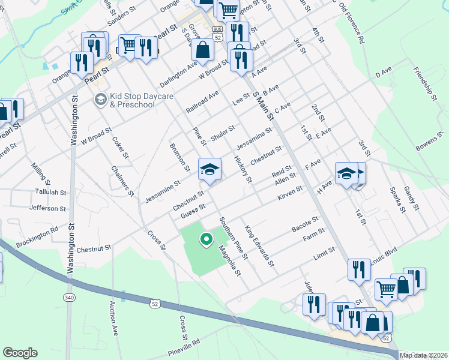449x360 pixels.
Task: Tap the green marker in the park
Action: point(206,239)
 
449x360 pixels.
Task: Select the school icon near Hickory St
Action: point(210,169)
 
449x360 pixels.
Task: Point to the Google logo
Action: point(20,352)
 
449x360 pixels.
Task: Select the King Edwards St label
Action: point(259,245)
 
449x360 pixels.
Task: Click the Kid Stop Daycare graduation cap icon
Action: point(100,98)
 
